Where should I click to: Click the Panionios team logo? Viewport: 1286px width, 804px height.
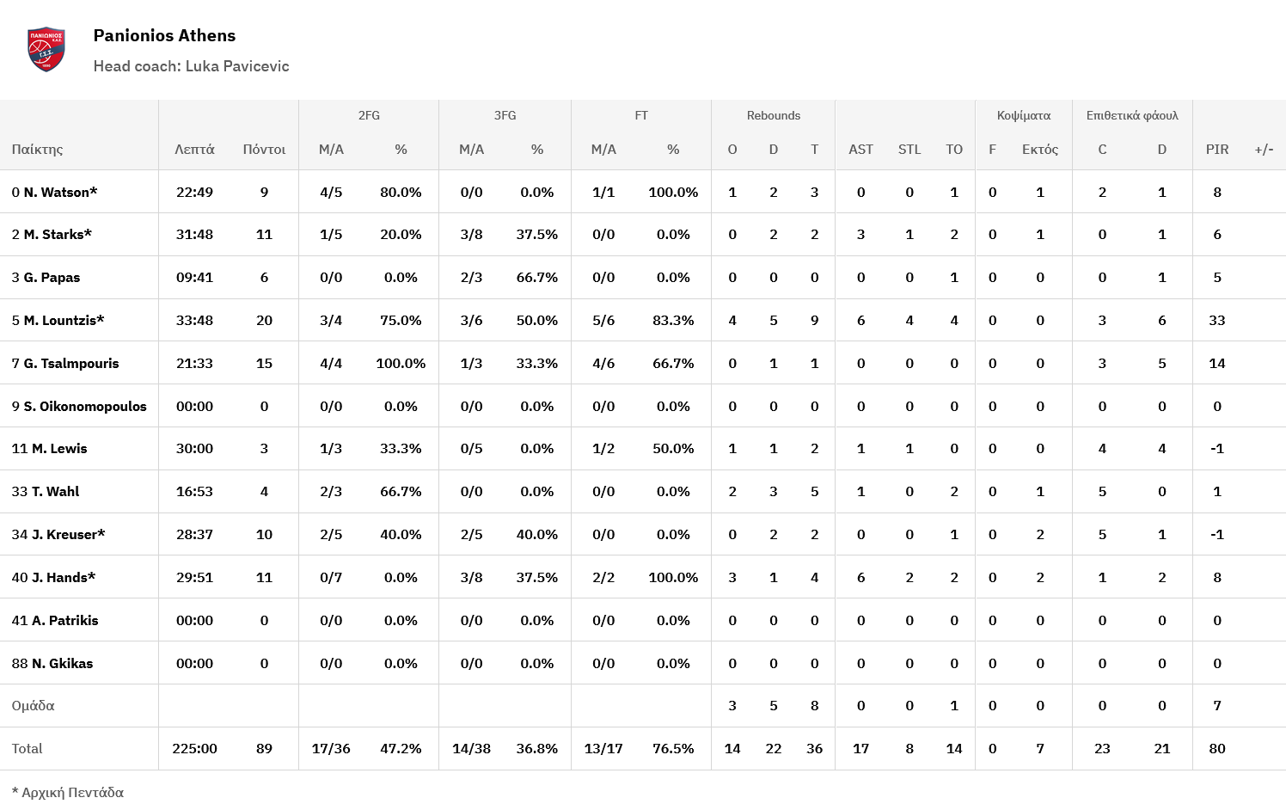click(46, 49)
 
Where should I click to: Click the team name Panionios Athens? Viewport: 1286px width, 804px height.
click(164, 35)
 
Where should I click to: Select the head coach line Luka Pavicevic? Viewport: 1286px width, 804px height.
click(191, 66)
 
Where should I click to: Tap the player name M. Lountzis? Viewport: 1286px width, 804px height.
click(64, 320)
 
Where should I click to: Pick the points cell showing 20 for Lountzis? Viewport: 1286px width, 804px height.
click(264, 320)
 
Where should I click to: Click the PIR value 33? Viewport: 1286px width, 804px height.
click(1216, 320)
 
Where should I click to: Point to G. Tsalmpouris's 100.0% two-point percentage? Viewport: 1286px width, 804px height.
click(401, 363)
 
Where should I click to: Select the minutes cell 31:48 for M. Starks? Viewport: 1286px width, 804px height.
click(194, 234)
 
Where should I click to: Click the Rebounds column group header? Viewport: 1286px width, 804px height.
click(773, 115)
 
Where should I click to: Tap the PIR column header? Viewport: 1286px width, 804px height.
click(1216, 149)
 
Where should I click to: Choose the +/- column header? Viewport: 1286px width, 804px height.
click(1264, 149)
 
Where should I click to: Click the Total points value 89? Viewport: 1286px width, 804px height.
click(264, 748)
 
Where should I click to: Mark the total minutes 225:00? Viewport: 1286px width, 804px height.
click(194, 748)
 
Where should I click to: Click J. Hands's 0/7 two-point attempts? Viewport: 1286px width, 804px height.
click(331, 577)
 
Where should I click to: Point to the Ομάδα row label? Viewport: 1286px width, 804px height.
click(33, 705)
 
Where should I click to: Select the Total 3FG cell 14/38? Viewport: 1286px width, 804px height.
click(471, 748)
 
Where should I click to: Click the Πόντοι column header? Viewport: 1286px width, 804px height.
click(264, 149)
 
